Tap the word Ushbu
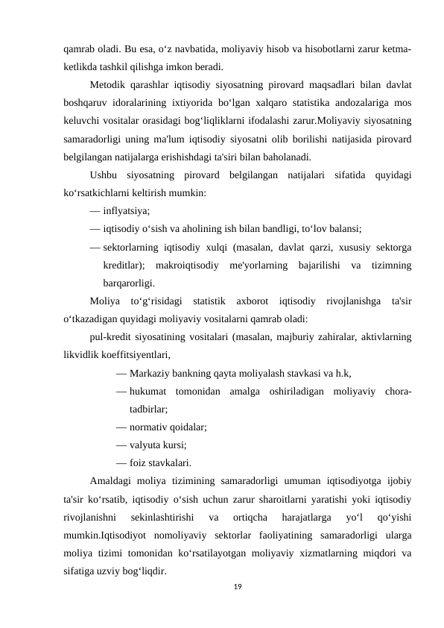[x=104, y=175]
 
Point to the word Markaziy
[x=150, y=373]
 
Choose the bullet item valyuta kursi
[x=157, y=445]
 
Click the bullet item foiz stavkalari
[x=159, y=462]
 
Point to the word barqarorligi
[x=130, y=283]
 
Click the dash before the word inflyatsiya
[x=95, y=211]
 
